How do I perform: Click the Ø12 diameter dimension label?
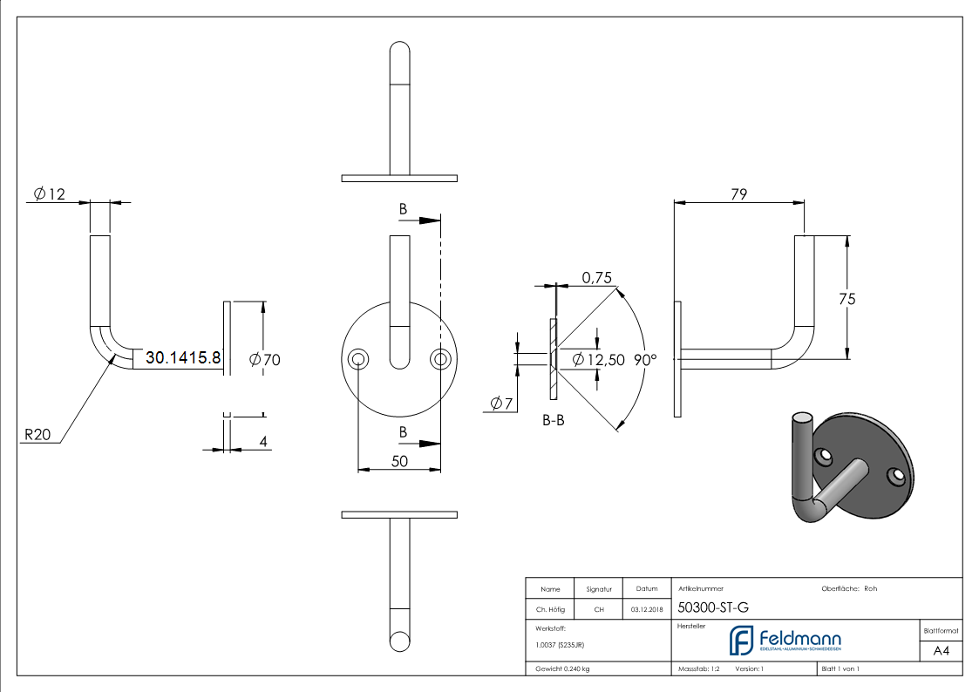pyautogui.click(x=50, y=194)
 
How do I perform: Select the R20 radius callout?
pyautogui.click(x=38, y=434)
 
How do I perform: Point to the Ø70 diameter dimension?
pyautogui.click(x=265, y=359)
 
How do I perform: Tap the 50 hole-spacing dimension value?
pyautogui.click(x=399, y=461)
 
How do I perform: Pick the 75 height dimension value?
pyautogui.click(x=846, y=298)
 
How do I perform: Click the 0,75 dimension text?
pyautogui.click(x=597, y=277)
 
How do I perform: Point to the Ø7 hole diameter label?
pyautogui.click(x=500, y=403)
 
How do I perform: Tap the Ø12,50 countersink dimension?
pyautogui.click(x=599, y=359)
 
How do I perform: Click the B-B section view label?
pyautogui.click(x=554, y=421)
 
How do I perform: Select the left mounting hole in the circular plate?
pyautogui.click(x=357, y=360)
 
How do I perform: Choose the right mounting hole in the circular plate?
pyautogui.click(x=440, y=360)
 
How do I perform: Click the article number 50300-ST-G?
pyautogui.click(x=713, y=608)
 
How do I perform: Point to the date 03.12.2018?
pyautogui.click(x=647, y=609)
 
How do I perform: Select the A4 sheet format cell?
pyautogui.click(x=941, y=650)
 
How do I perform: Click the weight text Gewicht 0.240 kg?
pyautogui.click(x=562, y=669)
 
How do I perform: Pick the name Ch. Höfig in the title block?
pyautogui.click(x=550, y=609)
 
